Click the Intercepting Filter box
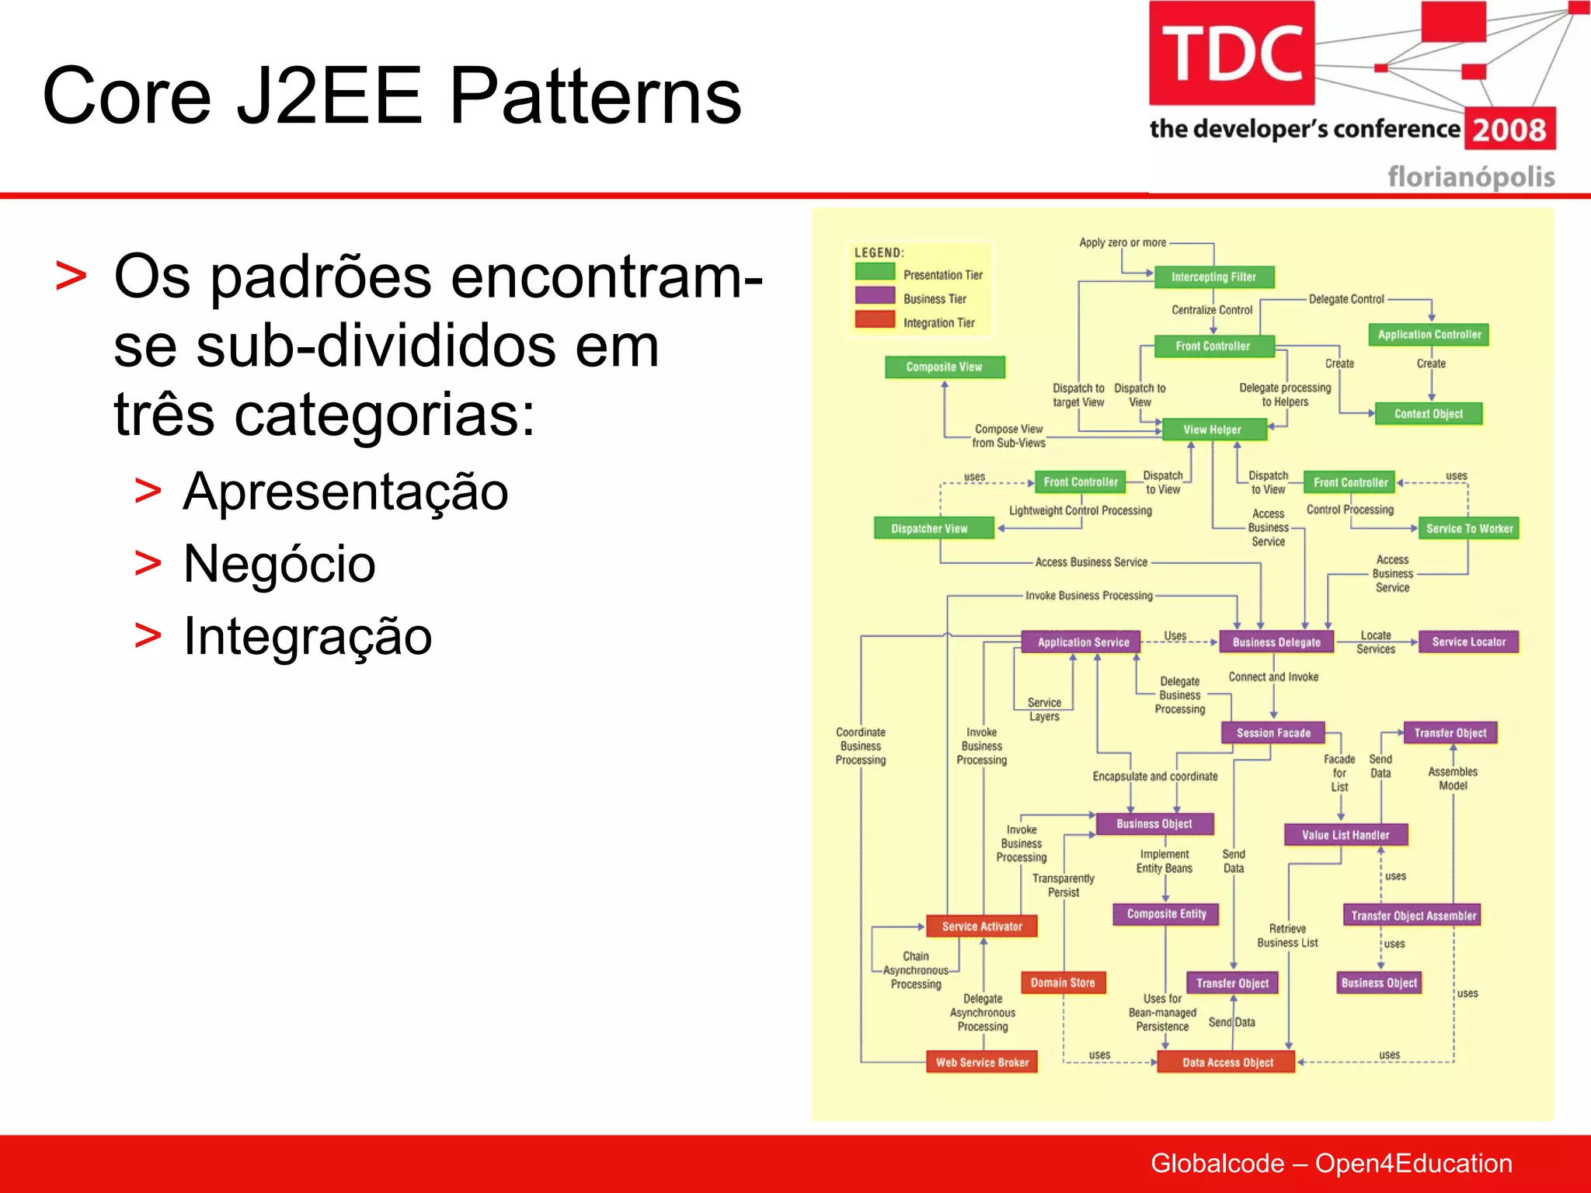tap(1213, 277)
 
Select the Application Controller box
tap(1429, 335)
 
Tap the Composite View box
tap(944, 367)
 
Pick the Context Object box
tap(1428, 414)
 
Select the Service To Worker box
tap(1468, 529)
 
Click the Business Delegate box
tap(1276, 642)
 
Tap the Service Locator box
tap(1468, 642)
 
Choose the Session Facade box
tap(1272, 733)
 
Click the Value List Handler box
tap(1345, 835)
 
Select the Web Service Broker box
tap(982, 1063)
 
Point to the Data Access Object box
tap(1227, 1063)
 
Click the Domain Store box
tap(1062, 983)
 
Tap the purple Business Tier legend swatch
tap(875, 296)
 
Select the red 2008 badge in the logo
tap(1509, 129)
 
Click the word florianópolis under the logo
tap(1471, 177)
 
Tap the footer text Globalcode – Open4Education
tap(1331, 1163)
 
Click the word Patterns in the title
tap(595, 96)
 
